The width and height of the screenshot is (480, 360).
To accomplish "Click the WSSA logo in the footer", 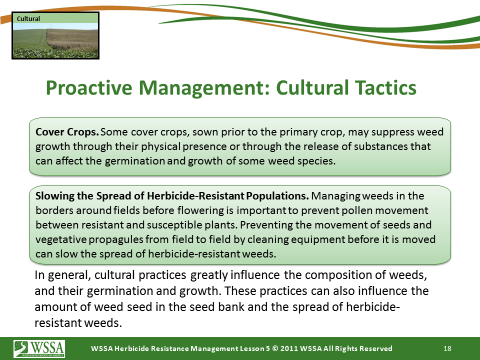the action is pyautogui.click(x=39, y=348).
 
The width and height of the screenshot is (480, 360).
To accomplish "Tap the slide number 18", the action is pyautogui.click(x=447, y=348).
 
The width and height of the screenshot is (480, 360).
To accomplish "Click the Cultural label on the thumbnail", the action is pyautogui.click(x=28, y=18).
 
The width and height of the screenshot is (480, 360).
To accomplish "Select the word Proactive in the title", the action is pyautogui.click(x=89, y=88).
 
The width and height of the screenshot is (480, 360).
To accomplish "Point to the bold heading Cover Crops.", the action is pyautogui.click(x=67, y=132).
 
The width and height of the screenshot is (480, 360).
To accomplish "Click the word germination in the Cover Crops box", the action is pyautogui.click(x=135, y=161).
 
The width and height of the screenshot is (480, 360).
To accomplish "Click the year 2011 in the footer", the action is pyautogui.click(x=288, y=348).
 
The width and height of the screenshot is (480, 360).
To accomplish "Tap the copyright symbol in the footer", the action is pyautogui.click(x=275, y=348).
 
